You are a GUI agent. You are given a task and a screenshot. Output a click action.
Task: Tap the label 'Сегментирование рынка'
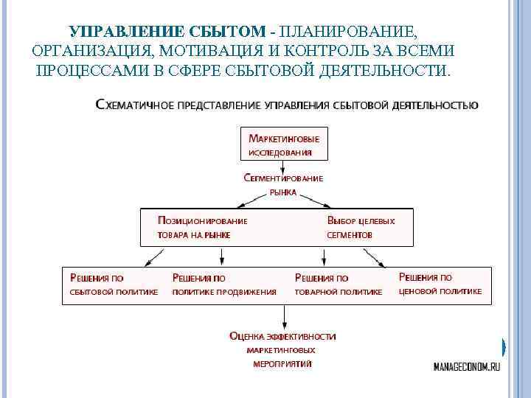(x=283, y=184)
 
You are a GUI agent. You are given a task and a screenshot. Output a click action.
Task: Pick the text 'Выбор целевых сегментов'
(x=361, y=228)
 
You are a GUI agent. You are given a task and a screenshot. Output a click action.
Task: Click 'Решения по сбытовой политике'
(x=114, y=284)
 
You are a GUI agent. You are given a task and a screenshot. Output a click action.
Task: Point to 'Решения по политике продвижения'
(x=224, y=284)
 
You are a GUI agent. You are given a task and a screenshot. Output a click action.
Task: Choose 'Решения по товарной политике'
(x=339, y=284)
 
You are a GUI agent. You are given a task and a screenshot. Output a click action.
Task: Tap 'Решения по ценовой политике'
(x=440, y=284)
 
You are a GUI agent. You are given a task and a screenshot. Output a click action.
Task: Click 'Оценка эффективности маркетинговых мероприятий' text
(x=283, y=349)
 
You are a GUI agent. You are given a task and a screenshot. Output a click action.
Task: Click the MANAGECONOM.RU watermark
(x=466, y=367)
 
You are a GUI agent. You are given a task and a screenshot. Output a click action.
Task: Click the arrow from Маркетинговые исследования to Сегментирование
(x=284, y=167)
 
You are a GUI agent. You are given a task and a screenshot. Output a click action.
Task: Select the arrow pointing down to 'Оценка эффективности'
(x=284, y=316)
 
